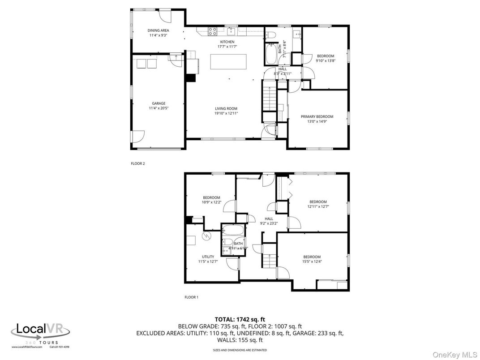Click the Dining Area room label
[x=158, y=30]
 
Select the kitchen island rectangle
[x=228, y=62]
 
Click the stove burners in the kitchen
[x=213, y=31]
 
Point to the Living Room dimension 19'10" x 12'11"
[x=226, y=113]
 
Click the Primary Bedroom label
[x=317, y=116]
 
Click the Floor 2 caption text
[x=137, y=163]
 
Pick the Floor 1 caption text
[x=191, y=297]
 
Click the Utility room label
[x=207, y=257]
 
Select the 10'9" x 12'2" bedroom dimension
[x=211, y=202]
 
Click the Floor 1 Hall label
[x=269, y=219]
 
